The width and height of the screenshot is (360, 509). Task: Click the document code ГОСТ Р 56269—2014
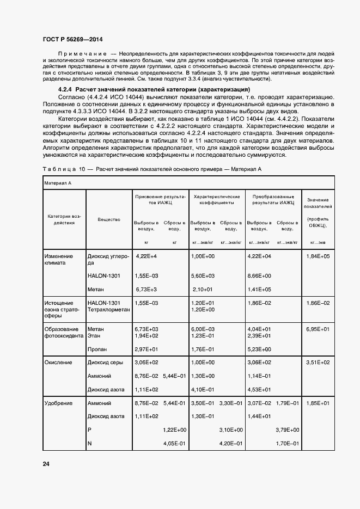[x=72, y=40]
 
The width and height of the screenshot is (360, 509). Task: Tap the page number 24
[x=46, y=464]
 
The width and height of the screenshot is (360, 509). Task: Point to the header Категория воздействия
[x=64, y=219]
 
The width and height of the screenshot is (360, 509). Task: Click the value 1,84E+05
[x=318, y=256]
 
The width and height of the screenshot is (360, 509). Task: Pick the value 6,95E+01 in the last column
[x=318, y=329]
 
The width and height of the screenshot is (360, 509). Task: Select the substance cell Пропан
[x=97, y=349]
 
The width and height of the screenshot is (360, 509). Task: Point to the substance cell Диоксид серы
[x=105, y=362]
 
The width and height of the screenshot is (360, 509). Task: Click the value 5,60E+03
[x=203, y=276]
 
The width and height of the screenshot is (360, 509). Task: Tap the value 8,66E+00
[x=259, y=276]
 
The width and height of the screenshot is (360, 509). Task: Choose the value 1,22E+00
[x=175, y=430]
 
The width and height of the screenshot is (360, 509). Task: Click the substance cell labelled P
[x=89, y=430]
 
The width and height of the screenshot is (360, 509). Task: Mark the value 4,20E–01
[x=231, y=444]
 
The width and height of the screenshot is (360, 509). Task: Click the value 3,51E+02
[x=318, y=362]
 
